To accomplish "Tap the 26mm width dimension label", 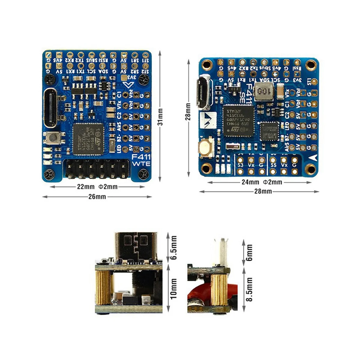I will pyautogui.click(x=97, y=197).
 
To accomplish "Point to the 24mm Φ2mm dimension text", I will pyautogui.click(x=262, y=182).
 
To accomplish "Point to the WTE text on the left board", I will pyautogui.click(x=141, y=164).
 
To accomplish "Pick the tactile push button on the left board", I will pyautogui.click(x=53, y=138).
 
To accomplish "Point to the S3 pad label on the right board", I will pyautogui.click(x=240, y=165).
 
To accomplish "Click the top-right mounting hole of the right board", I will pyautogui.click(x=311, y=64).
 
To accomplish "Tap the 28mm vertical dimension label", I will pyautogui.click(x=188, y=111).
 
